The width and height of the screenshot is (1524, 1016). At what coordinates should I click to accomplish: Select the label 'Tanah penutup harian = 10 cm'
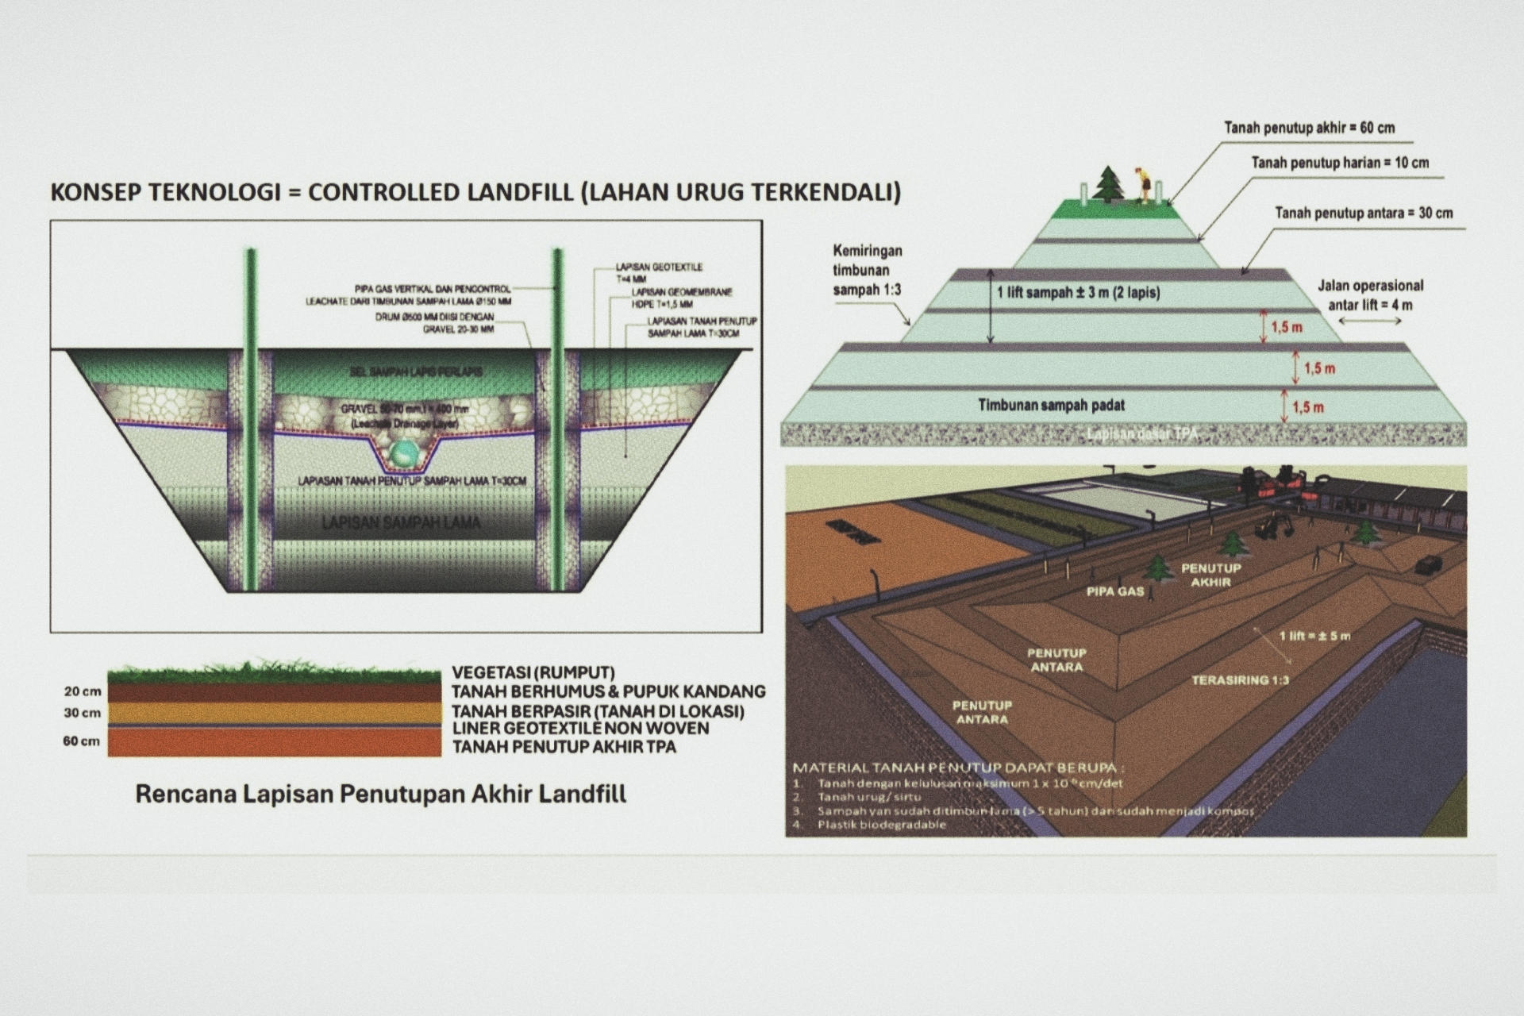(x=1340, y=163)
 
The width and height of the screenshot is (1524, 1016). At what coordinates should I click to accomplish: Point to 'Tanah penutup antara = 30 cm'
(x=1364, y=213)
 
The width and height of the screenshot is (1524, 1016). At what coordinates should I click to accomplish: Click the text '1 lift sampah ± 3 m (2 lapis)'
(x=1078, y=293)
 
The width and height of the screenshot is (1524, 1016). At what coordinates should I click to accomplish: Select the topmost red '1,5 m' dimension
(x=1286, y=327)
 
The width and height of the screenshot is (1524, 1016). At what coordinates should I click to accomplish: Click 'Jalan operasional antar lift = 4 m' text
(x=1370, y=294)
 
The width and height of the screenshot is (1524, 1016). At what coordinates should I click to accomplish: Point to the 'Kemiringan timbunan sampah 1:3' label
(x=867, y=271)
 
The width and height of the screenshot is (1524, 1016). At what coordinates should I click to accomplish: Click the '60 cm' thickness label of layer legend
(x=82, y=741)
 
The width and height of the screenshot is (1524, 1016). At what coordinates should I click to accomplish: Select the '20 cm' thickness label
(x=83, y=691)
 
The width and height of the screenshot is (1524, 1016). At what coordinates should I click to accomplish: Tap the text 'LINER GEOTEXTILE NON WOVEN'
(x=580, y=728)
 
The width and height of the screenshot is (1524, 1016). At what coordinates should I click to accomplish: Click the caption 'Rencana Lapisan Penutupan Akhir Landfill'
(x=380, y=794)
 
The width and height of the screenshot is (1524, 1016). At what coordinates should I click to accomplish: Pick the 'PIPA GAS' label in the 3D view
(x=1114, y=591)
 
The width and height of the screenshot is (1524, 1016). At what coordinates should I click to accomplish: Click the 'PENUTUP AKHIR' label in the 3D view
(x=1210, y=575)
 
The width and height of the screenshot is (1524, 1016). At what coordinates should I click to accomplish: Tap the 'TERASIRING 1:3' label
(x=1240, y=680)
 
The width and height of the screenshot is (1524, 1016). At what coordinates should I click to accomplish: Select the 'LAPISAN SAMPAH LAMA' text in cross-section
(x=401, y=522)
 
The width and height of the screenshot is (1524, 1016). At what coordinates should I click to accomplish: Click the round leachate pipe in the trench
(x=402, y=455)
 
